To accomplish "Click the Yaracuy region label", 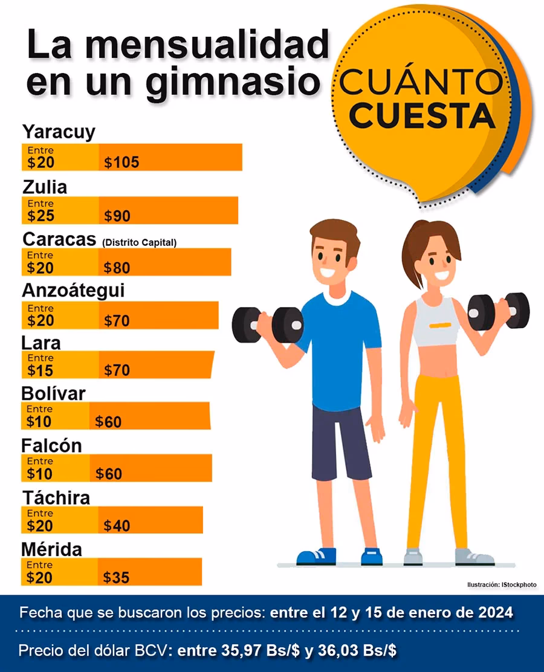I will point(59,132).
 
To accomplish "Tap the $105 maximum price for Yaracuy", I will point(121,162).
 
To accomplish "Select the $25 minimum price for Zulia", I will point(40,216).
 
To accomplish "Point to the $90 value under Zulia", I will point(117,216).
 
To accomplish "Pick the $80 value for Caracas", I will point(117,267).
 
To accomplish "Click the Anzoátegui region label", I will point(73,291).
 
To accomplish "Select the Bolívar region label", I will point(53,393).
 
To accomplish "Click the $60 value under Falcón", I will point(109,474).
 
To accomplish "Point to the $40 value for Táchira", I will point(117,526).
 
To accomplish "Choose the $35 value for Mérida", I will point(117,578).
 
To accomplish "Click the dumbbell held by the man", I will point(268,325).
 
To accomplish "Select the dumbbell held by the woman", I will point(499,311).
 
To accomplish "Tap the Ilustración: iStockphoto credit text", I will point(501,585).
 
